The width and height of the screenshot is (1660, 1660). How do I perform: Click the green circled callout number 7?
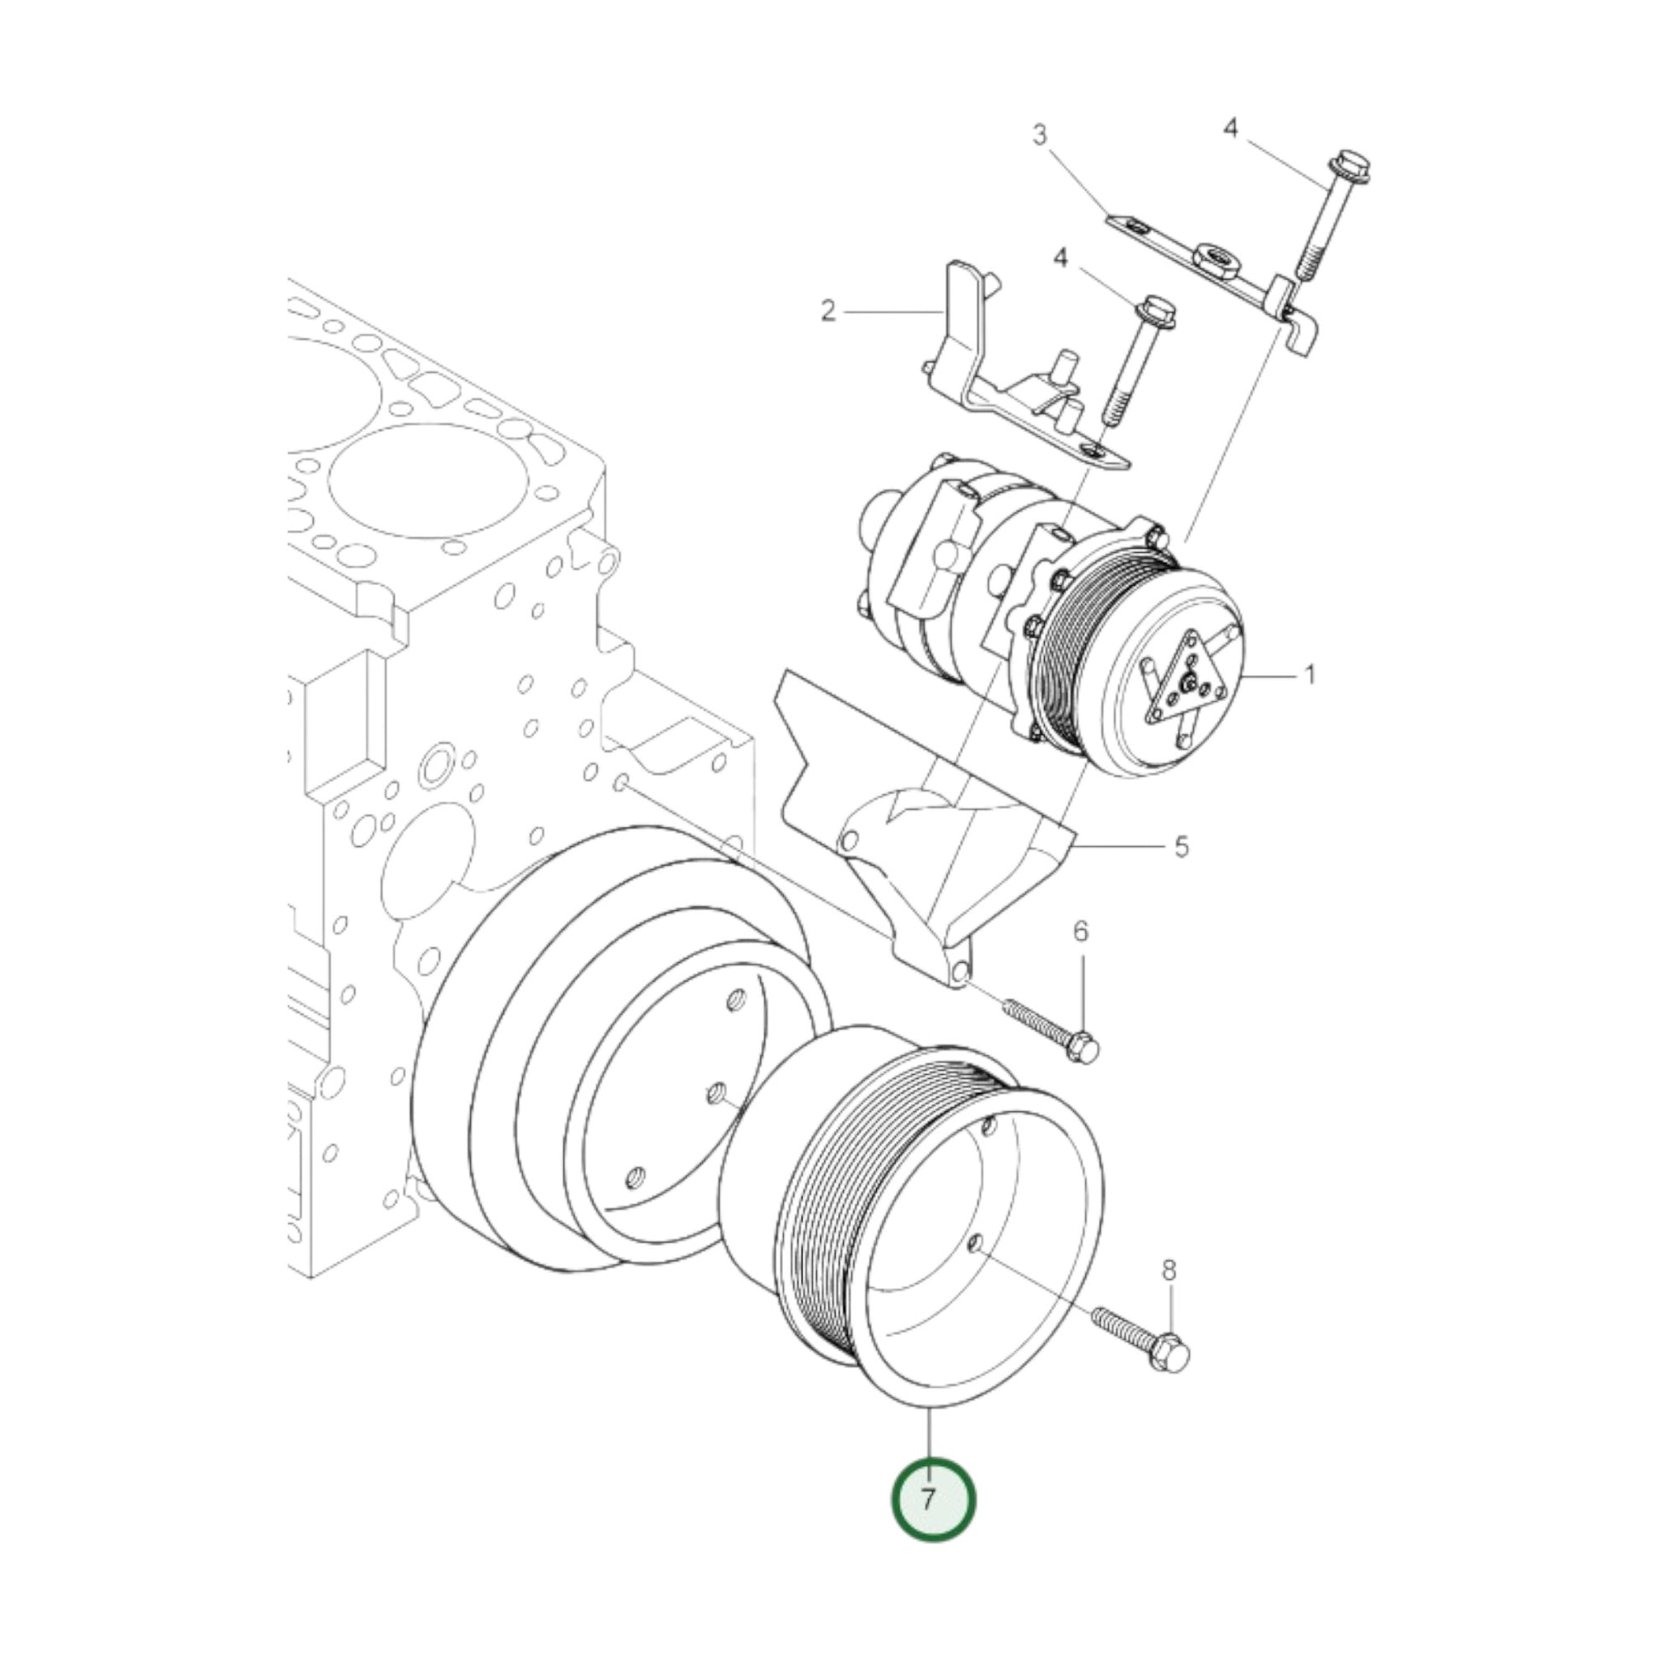pyautogui.click(x=933, y=1500)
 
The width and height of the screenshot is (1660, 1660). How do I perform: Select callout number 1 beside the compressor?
pyautogui.click(x=1309, y=676)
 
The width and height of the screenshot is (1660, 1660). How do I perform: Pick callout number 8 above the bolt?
pyautogui.click(x=1169, y=1270)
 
